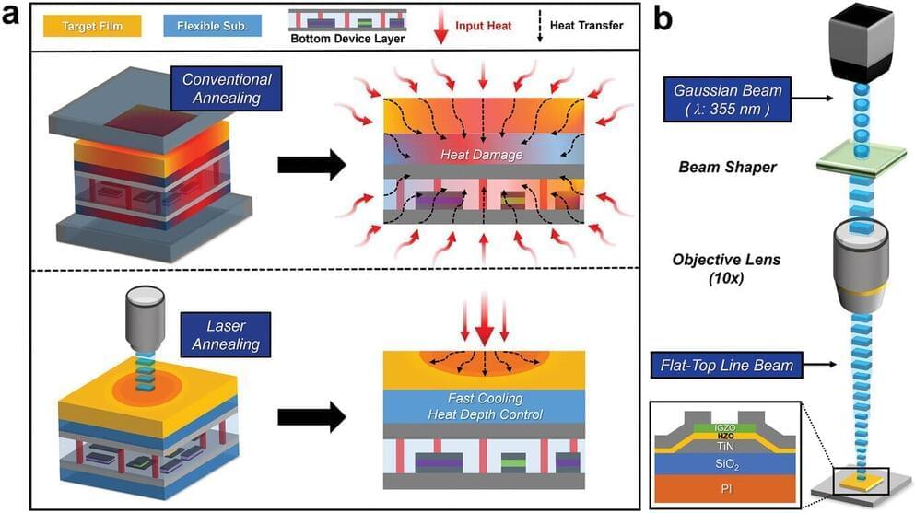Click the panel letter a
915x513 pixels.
coord(17,17)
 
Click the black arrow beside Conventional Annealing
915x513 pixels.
coord(311,166)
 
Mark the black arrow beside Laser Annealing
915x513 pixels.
coord(311,415)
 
